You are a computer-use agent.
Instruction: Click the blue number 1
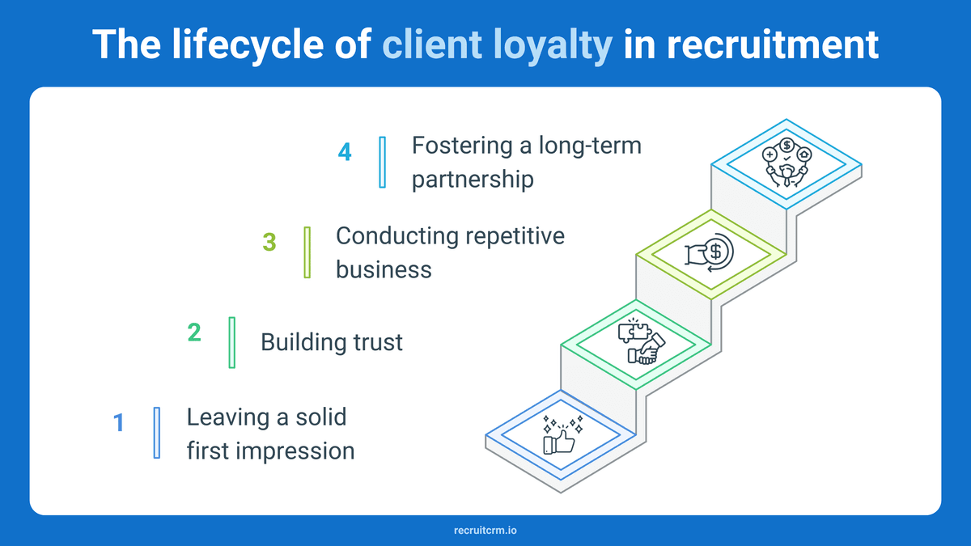click(118, 422)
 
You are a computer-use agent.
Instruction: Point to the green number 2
click(194, 332)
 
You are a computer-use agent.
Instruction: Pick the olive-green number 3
click(269, 242)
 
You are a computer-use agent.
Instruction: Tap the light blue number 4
click(345, 152)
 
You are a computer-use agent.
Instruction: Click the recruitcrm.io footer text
click(485, 531)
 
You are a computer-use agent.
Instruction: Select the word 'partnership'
click(473, 179)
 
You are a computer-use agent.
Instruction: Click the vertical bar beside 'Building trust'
click(232, 342)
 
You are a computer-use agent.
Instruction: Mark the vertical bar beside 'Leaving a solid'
click(157, 433)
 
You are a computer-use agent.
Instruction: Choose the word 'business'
click(384, 269)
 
